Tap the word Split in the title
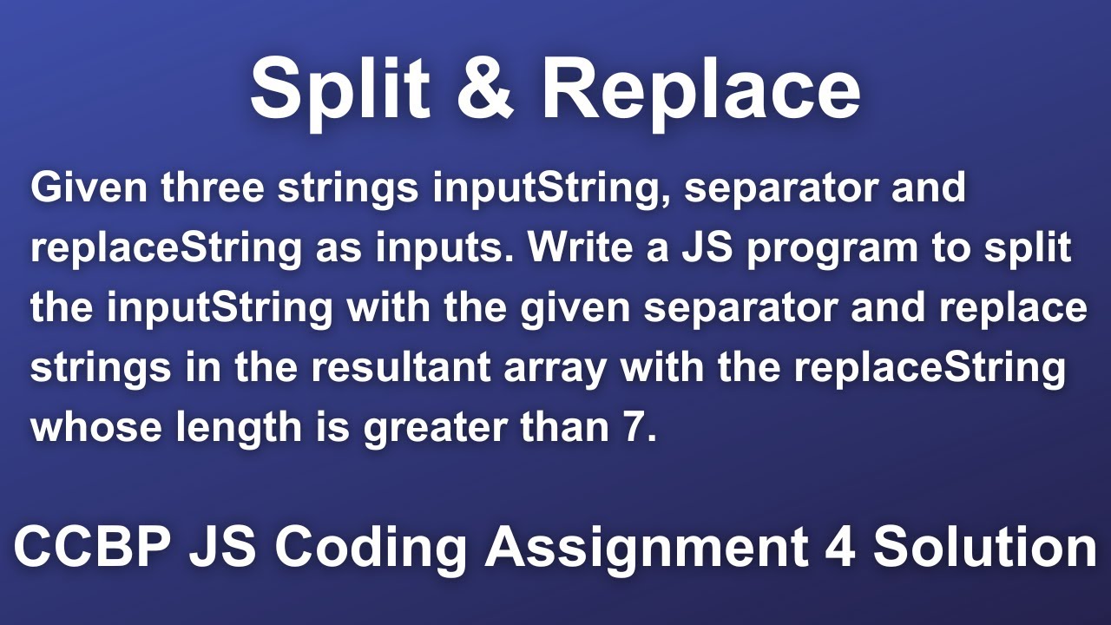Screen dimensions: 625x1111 339,91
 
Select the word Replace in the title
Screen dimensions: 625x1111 700,91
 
